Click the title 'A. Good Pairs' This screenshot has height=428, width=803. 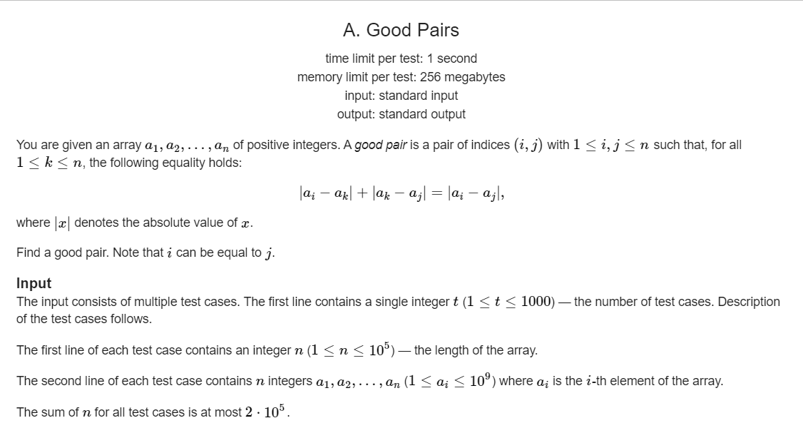[x=401, y=30]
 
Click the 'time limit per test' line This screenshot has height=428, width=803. [x=401, y=58]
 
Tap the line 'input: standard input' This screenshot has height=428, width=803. [x=401, y=96]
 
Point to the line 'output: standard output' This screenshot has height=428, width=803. [x=401, y=114]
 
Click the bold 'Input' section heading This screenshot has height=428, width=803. [x=34, y=283]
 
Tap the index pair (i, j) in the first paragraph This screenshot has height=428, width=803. [x=526, y=145]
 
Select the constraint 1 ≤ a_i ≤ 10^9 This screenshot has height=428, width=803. [x=450, y=381]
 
